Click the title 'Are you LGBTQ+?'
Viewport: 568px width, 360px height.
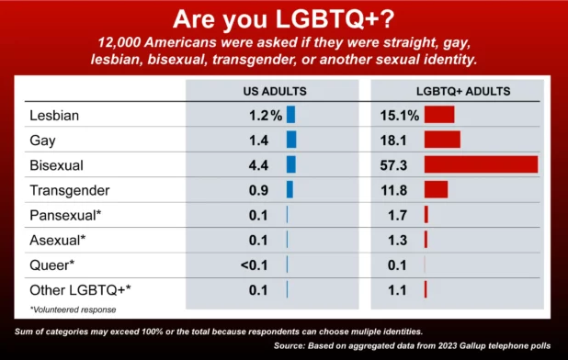[x=283, y=18]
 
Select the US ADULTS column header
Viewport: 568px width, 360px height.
[x=275, y=91]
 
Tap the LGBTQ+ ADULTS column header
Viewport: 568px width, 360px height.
[x=463, y=91]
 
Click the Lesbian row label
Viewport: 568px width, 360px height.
[x=54, y=116]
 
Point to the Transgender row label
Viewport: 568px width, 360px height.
[x=70, y=190]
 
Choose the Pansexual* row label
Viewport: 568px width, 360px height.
[x=65, y=215]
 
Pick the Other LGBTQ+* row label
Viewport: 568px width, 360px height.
[x=80, y=290]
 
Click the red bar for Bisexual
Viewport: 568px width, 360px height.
[x=481, y=164]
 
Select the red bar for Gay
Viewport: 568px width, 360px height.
[x=442, y=140]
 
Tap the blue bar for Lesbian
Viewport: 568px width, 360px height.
[x=290, y=115]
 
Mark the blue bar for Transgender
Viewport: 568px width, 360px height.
[x=290, y=189]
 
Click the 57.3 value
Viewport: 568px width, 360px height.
[x=393, y=165]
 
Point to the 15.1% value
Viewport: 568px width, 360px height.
[x=400, y=116]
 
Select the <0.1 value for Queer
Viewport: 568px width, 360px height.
[x=255, y=265]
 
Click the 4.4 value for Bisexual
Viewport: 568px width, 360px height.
[x=258, y=165]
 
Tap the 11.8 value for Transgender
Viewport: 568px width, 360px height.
[x=393, y=190]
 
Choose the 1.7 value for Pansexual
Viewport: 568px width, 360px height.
[x=397, y=215]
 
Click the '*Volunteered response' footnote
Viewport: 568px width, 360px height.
[x=74, y=309]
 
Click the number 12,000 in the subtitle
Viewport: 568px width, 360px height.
[x=119, y=42]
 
